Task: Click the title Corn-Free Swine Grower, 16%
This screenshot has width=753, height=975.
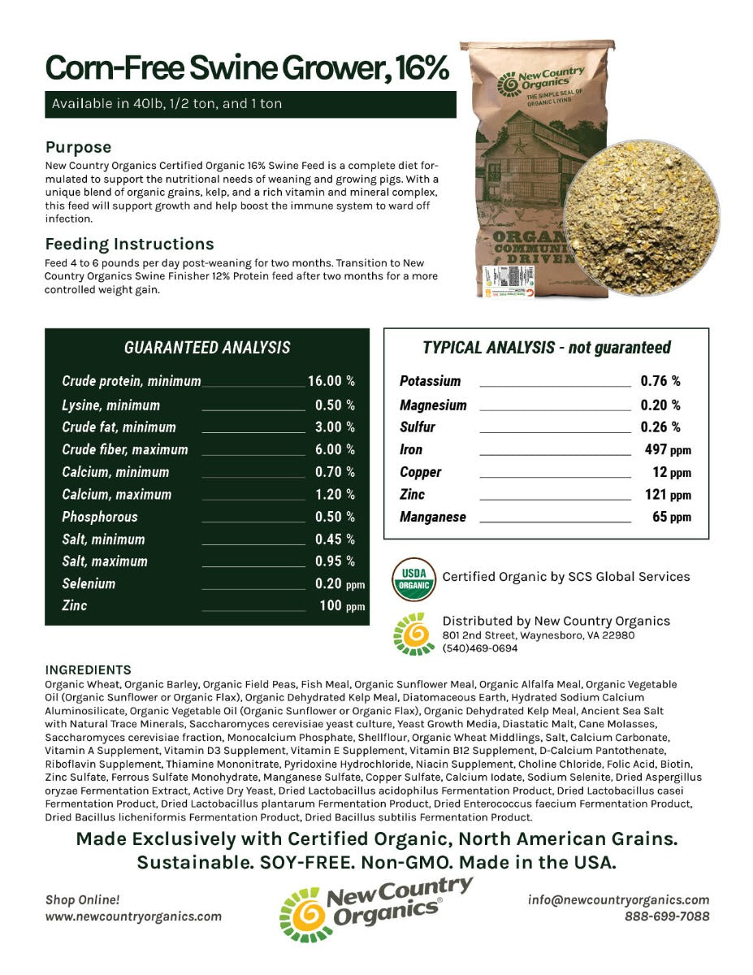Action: (x=247, y=68)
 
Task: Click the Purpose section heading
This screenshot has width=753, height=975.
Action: (x=78, y=147)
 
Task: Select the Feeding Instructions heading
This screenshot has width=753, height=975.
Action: (x=129, y=244)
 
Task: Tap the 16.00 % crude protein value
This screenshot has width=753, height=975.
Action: (x=331, y=381)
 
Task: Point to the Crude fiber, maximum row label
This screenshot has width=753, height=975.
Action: (x=124, y=449)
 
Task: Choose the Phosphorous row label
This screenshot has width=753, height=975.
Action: (x=100, y=517)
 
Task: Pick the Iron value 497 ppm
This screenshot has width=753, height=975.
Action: (x=667, y=449)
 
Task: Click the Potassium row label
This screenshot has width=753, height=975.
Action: (x=430, y=381)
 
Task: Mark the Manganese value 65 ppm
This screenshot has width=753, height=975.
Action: (x=672, y=517)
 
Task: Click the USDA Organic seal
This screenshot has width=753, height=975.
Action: (x=413, y=578)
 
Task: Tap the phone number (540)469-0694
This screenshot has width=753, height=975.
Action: (x=480, y=648)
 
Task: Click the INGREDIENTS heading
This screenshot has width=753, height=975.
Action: (x=88, y=669)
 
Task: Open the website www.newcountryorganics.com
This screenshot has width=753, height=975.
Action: (x=133, y=916)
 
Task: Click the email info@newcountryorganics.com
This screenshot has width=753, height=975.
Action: (x=618, y=899)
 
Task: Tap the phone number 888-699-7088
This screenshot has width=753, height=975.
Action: (x=666, y=916)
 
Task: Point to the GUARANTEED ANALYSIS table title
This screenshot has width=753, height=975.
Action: (x=207, y=348)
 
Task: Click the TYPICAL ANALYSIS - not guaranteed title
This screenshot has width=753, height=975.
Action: (x=547, y=348)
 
